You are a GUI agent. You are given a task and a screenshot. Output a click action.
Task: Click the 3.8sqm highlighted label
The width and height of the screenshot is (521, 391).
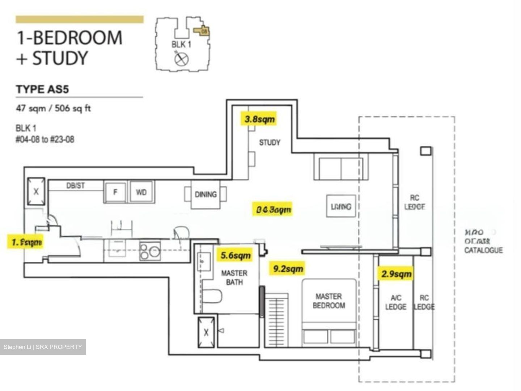pyautogui.click(x=259, y=119)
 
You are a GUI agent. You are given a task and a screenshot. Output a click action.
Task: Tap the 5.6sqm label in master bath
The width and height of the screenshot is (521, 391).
pyautogui.click(x=236, y=256)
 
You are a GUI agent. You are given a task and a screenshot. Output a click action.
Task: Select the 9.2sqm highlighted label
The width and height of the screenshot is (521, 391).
pyautogui.click(x=288, y=269)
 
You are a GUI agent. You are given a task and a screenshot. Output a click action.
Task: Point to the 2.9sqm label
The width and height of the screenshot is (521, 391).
pyautogui.click(x=397, y=274)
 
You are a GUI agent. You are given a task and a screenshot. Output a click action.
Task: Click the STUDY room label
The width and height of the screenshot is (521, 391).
pyautogui.click(x=270, y=143)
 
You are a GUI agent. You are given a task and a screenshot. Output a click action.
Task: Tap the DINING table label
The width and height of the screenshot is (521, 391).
pyautogui.click(x=206, y=195)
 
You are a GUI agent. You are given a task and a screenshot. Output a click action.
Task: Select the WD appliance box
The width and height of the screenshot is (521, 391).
pyautogui.click(x=141, y=192)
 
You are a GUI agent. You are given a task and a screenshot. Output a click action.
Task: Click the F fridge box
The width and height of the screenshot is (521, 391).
pyautogui.click(x=115, y=192)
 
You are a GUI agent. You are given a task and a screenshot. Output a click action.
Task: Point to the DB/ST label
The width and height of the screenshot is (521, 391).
pyautogui.click(x=76, y=186)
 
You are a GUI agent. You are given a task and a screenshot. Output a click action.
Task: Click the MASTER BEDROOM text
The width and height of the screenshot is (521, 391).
pyautogui.click(x=329, y=301)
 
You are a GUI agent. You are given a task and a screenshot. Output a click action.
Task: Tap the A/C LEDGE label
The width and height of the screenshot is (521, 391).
pyautogui.click(x=396, y=302)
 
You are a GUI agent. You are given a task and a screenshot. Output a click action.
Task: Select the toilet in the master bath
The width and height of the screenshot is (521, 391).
pyautogui.click(x=212, y=297)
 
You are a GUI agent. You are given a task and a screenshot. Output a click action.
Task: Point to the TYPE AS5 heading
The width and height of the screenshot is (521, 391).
pyautogui.click(x=42, y=89)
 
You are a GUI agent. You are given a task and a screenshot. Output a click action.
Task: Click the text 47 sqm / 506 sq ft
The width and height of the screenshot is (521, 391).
pyautogui.click(x=53, y=108)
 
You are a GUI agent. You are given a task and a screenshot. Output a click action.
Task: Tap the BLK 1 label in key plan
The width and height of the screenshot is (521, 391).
pyautogui.click(x=181, y=45)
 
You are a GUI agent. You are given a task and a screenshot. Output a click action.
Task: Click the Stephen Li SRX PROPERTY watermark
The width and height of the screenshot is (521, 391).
pyautogui.click(x=43, y=347)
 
